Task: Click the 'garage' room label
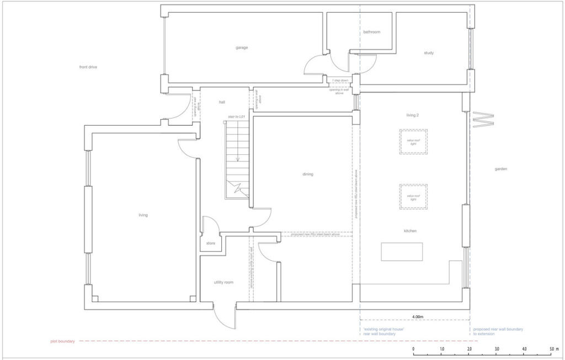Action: click(242, 47)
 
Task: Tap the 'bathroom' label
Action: click(371, 32)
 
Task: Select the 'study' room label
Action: click(429, 53)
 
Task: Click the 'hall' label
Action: click(222, 102)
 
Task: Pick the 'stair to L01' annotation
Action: click(236, 117)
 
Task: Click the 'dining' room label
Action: click(307, 174)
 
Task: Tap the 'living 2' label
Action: click(413, 115)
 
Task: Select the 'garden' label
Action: click(500, 169)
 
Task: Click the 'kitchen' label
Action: click(409, 230)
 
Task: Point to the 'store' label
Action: click(211, 243)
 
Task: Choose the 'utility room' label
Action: click(223, 282)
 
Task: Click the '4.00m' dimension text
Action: click(418, 317)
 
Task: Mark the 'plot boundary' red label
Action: click(62, 342)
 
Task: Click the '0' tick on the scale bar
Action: click(413, 350)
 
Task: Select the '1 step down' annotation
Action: click(340, 80)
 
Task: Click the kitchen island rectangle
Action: click(402, 252)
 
